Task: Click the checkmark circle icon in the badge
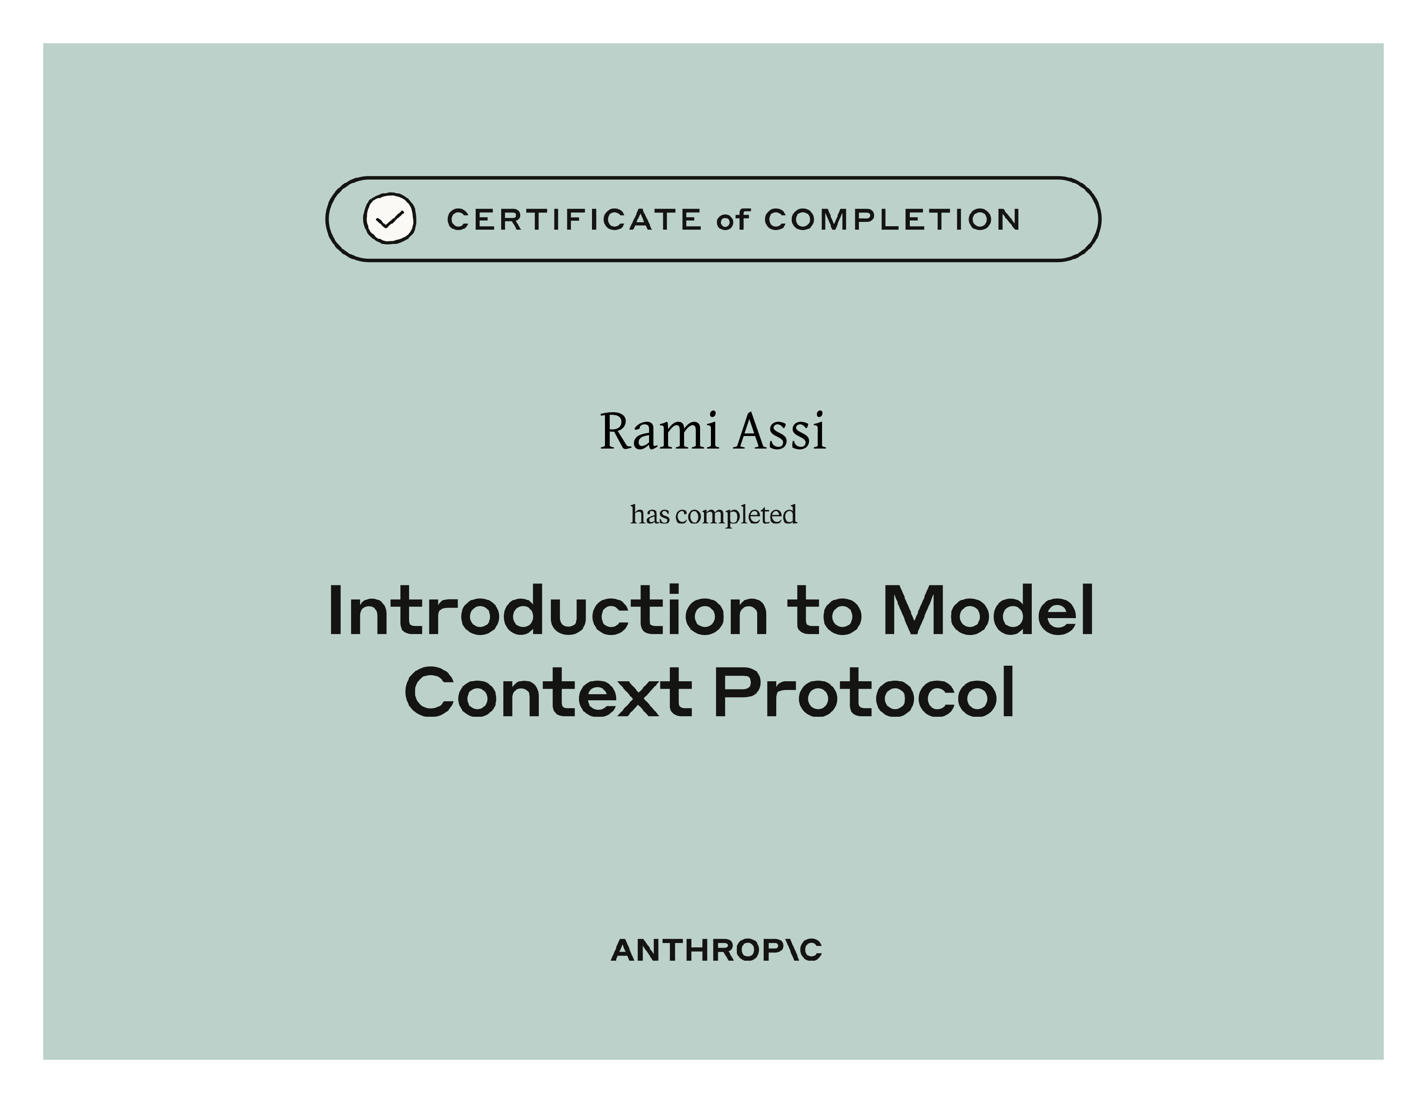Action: point(390,219)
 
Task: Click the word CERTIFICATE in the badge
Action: point(574,220)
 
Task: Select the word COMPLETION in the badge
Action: point(892,220)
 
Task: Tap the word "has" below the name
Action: point(650,515)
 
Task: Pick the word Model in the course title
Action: point(988,611)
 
